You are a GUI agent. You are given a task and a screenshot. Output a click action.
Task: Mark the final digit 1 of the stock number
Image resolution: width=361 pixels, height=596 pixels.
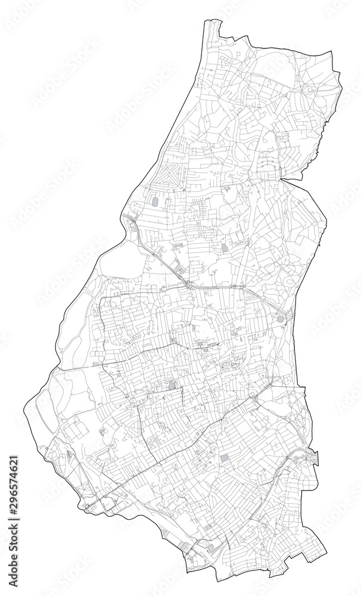click(x=14, y=459)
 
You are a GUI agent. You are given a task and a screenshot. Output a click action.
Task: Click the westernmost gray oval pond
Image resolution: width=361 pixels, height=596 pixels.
click(x=155, y=202)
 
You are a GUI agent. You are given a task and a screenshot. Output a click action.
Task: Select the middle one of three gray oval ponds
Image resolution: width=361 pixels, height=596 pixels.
click(x=225, y=247)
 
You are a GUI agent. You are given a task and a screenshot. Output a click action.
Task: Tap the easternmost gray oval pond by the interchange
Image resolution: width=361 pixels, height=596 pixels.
click(x=280, y=319)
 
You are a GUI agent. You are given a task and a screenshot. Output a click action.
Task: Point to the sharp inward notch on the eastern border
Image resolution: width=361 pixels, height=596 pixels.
click(x=285, y=178)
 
